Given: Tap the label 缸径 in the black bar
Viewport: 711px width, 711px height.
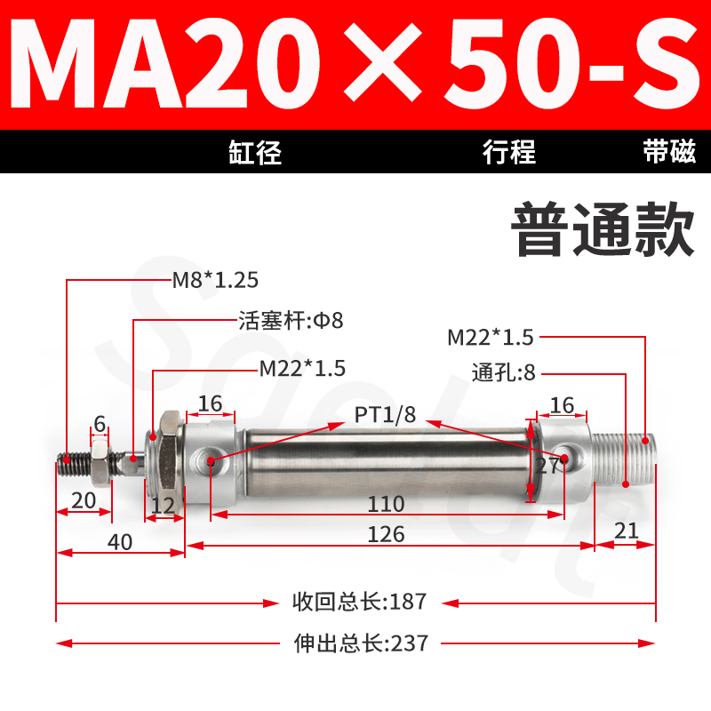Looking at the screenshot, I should pyautogui.click(x=254, y=153).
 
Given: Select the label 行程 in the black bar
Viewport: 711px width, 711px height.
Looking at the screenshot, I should pyautogui.click(x=509, y=153).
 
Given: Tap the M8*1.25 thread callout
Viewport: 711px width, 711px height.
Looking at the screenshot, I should pyautogui.click(x=215, y=281).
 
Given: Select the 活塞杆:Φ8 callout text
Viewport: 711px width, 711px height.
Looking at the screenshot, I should pyautogui.click(x=290, y=320).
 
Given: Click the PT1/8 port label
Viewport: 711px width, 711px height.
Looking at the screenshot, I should pyautogui.click(x=385, y=413).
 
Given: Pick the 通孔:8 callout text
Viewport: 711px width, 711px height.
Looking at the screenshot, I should pyautogui.click(x=503, y=373).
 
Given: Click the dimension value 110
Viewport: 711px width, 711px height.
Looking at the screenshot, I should pyautogui.click(x=387, y=505).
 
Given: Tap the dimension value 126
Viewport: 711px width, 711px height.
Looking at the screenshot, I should pyautogui.click(x=387, y=534).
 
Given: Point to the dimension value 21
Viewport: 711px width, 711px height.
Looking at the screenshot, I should pyautogui.click(x=627, y=531).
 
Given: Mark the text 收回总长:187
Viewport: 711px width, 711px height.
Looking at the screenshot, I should pyautogui.click(x=360, y=602).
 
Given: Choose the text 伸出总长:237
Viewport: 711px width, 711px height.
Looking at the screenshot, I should pyautogui.click(x=360, y=642).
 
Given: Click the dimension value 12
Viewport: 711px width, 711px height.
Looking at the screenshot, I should pyautogui.click(x=163, y=504).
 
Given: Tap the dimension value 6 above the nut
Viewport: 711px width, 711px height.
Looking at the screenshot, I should pyautogui.click(x=100, y=425).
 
